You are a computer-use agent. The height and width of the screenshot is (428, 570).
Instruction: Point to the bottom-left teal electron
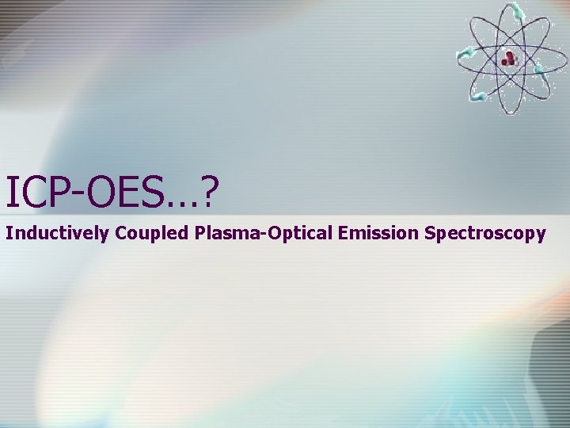[x=478, y=97]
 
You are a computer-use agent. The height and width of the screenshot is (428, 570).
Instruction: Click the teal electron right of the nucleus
[x=540, y=69]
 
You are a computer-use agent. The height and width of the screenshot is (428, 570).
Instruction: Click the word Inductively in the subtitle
[x=57, y=234]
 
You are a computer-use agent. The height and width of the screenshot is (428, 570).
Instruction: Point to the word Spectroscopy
[x=484, y=234]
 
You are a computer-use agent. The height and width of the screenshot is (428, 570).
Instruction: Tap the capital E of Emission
[x=336, y=233]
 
